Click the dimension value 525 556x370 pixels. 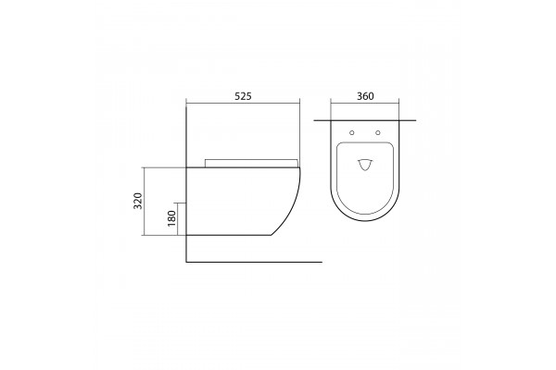[243, 96]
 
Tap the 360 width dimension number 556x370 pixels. [365, 96]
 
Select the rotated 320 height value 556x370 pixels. [137, 201]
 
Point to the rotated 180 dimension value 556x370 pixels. [171, 218]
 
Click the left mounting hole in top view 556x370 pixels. [352, 133]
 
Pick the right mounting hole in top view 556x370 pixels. [378, 133]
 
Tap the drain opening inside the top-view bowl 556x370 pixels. [365, 165]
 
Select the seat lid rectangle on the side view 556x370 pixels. [251, 163]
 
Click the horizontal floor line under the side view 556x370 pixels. [254, 262]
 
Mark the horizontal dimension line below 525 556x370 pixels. [243, 104]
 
